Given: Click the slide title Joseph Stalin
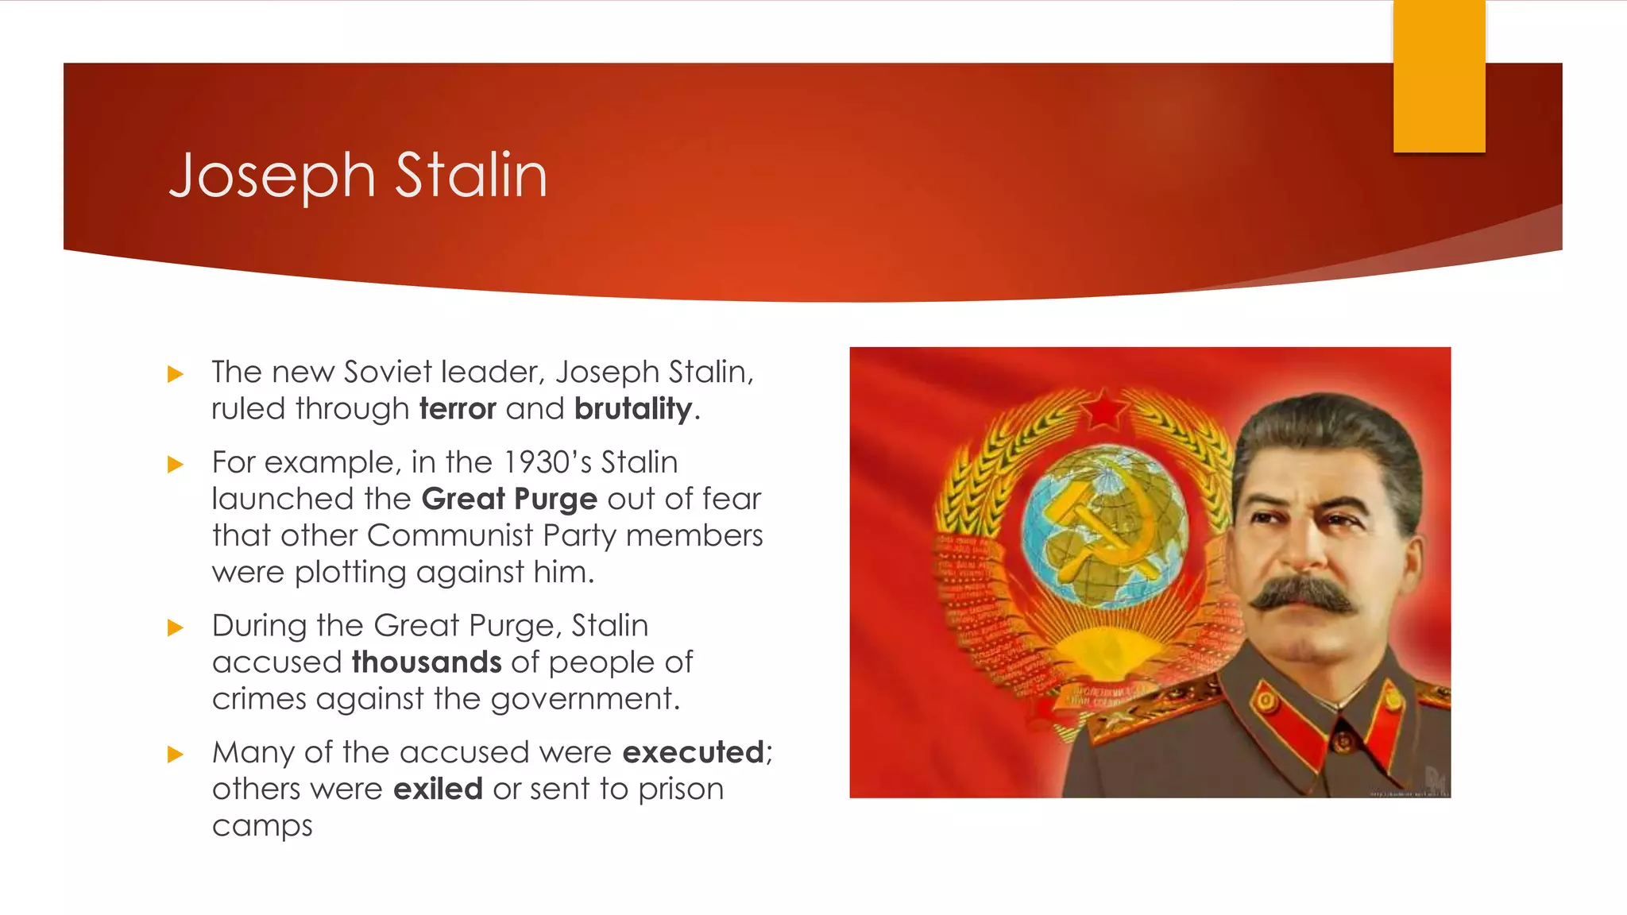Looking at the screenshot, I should pyautogui.click(x=358, y=176).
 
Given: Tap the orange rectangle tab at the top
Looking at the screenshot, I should pyautogui.click(x=1439, y=76).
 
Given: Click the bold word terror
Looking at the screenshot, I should pyautogui.click(x=458, y=409).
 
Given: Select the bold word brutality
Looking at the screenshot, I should pyautogui.click(x=633, y=409).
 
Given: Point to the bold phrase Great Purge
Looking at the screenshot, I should pyautogui.click(x=509, y=500).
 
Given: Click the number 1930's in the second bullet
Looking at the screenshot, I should pyautogui.click(x=547, y=462).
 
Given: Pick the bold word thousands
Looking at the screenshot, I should pyautogui.click(x=427, y=662).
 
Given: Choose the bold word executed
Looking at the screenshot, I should pyautogui.click(x=693, y=752).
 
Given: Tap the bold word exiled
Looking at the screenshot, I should pyautogui.click(x=438, y=790).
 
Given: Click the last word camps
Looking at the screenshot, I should pyautogui.click(x=262, y=826).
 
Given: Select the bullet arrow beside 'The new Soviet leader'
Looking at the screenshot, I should pyautogui.click(x=176, y=374).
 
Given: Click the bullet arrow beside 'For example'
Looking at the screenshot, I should pyautogui.click(x=176, y=465).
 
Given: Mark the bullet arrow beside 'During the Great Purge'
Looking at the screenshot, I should pyautogui.click(x=176, y=628).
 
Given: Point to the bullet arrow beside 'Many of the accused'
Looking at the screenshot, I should pyautogui.click(x=176, y=755).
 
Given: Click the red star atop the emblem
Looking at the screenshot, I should pyautogui.click(x=1103, y=410).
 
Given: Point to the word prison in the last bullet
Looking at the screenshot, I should pyautogui.click(x=681, y=790).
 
